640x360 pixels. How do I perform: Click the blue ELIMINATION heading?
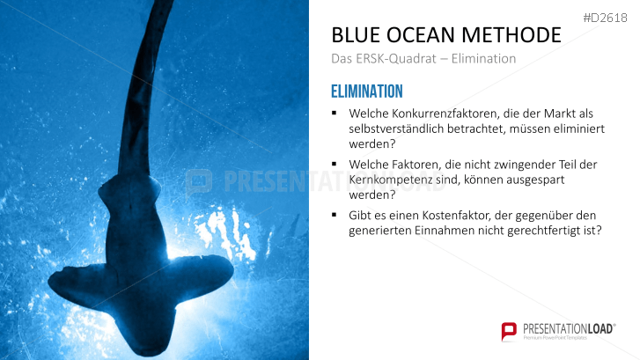click(366, 91)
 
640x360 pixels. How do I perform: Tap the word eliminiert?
click(582, 129)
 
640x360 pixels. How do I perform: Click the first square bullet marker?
click(335, 114)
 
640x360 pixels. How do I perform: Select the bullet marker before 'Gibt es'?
click(335, 215)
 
